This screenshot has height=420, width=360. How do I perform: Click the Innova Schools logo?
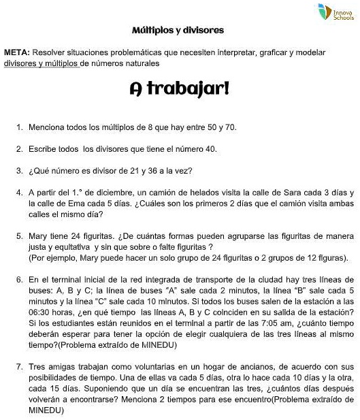[333, 12]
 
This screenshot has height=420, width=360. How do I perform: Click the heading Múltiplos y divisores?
[178, 31]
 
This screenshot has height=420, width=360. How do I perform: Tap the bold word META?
[16, 52]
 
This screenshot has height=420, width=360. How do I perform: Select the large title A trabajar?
[179, 89]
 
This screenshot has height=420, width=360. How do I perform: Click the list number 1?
[19, 127]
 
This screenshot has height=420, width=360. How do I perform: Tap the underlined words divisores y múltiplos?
[41, 63]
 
